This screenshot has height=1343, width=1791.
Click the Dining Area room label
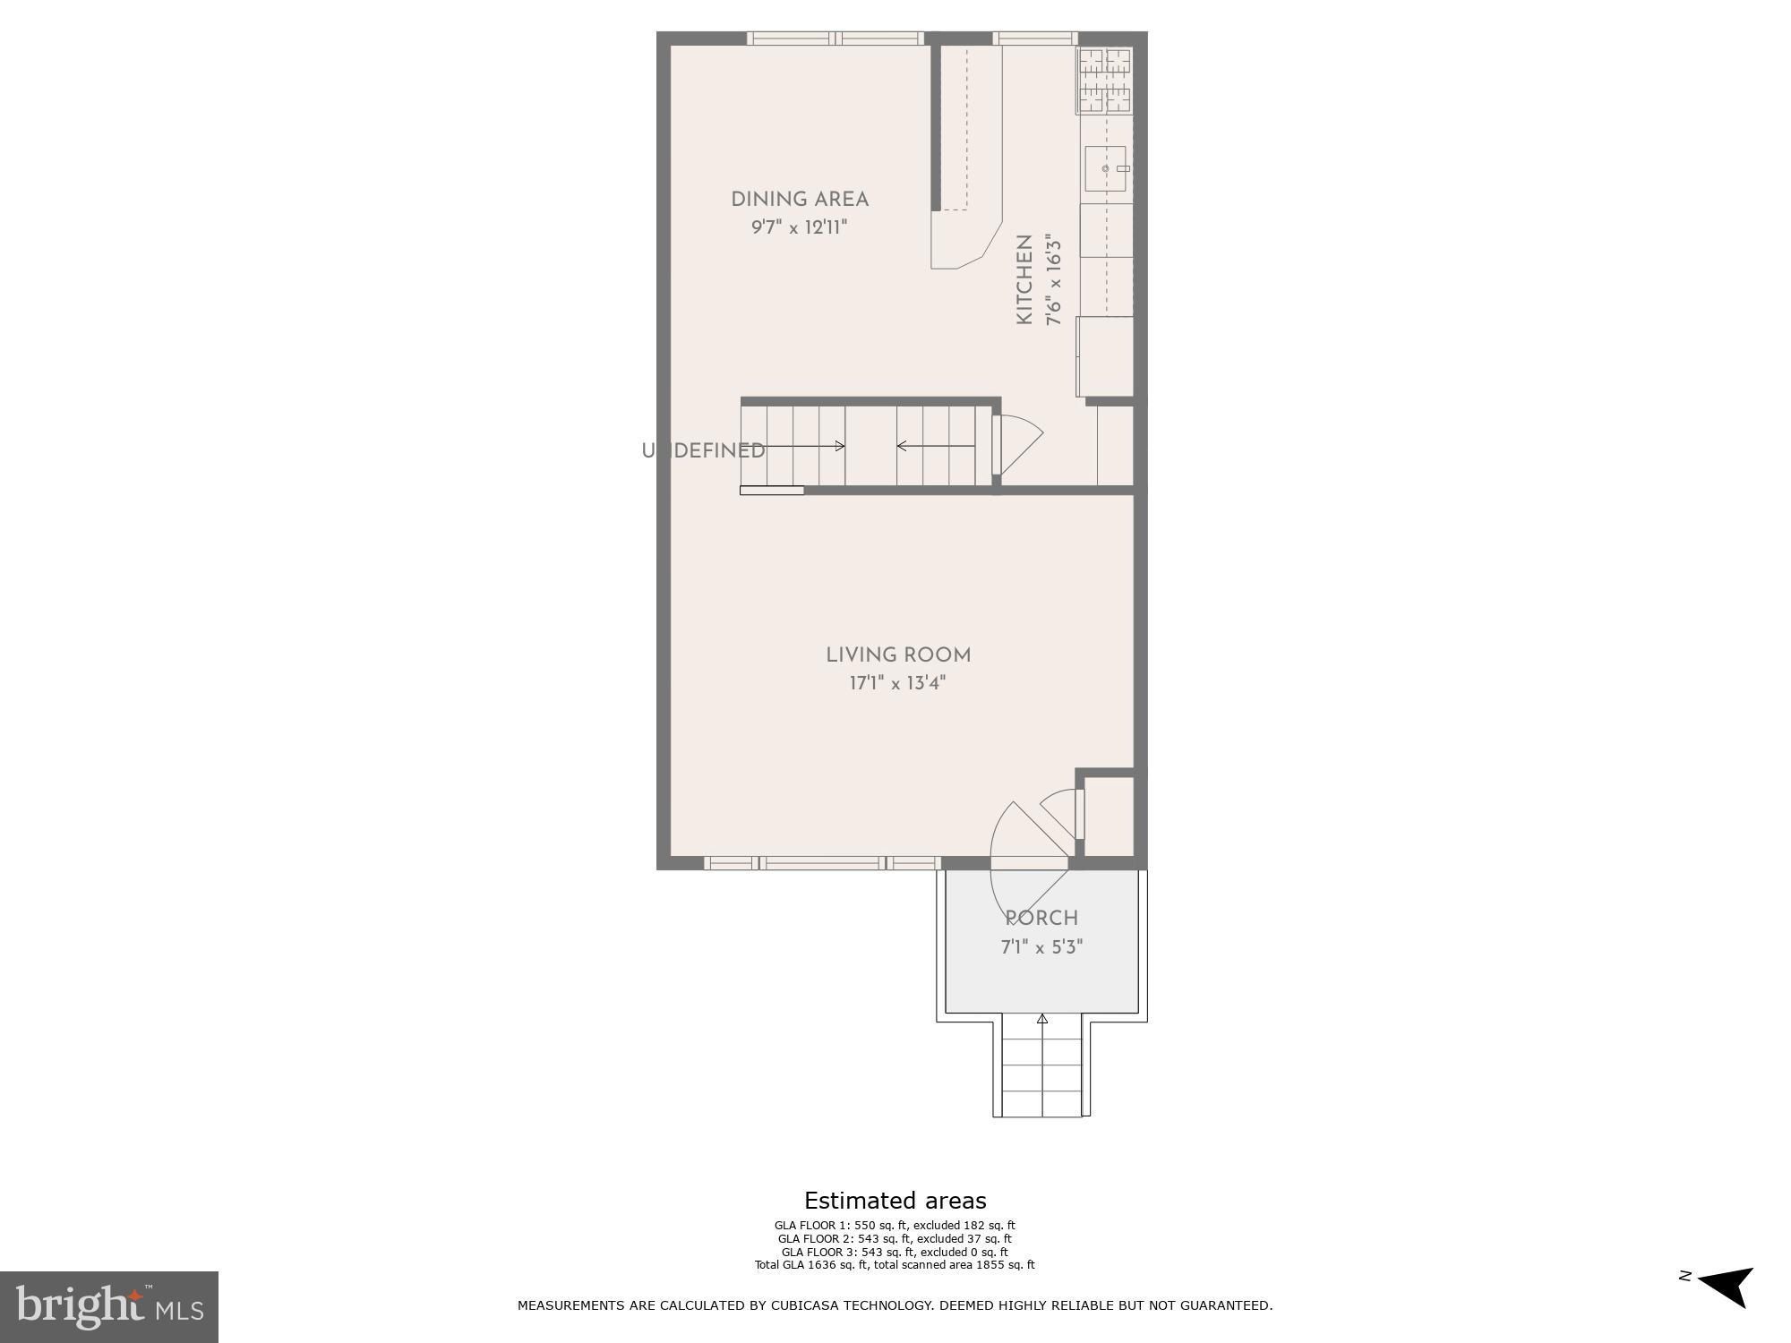[x=800, y=199]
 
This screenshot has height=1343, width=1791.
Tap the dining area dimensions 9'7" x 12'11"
[x=799, y=227]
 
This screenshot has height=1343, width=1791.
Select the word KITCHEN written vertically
[x=1024, y=279]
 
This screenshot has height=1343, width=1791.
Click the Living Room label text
[x=898, y=655]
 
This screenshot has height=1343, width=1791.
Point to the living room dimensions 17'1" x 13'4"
[x=897, y=683]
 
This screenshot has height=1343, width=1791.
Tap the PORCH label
[x=1041, y=919]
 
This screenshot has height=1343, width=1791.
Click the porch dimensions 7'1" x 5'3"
[x=1041, y=947]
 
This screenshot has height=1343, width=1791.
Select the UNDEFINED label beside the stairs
[x=704, y=451]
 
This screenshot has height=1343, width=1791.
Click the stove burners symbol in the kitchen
[x=1104, y=81]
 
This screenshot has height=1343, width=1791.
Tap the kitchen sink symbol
[x=1105, y=168]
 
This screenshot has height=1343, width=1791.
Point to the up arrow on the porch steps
[x=1041, y=1019]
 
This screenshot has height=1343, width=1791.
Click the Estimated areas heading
[x=895, y=1201]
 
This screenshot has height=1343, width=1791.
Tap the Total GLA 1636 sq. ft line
[x=895, y=1265]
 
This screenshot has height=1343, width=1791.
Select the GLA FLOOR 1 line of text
[x=895, y=1226]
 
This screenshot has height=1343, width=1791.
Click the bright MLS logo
[x=109, y=1306]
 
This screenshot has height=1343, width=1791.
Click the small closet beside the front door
[x=1109, y=817]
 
